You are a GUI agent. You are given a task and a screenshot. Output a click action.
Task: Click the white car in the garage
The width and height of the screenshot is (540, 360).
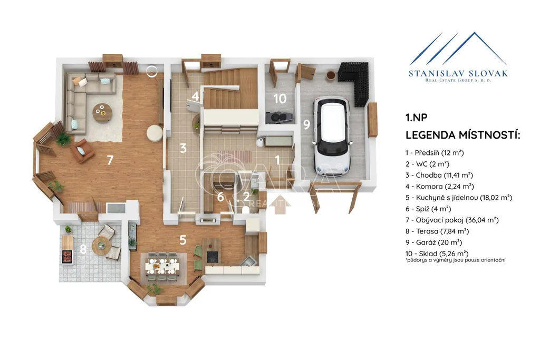click(332, 136)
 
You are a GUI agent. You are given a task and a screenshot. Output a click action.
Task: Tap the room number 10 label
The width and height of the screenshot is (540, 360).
click(280, 99)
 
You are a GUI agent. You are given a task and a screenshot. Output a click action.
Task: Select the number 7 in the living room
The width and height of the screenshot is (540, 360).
click(110, 160)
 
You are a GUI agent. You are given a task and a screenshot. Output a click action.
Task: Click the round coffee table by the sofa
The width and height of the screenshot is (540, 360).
click(102, 113)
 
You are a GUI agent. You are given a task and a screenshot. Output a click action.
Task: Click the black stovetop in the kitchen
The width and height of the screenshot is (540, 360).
click(213, 257)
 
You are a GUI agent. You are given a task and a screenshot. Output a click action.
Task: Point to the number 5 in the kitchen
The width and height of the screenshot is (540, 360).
click(183, 239)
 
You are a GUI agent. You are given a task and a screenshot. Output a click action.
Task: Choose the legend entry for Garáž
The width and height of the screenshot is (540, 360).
click(433, 242)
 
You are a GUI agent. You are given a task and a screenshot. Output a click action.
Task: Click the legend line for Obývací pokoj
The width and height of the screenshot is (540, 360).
click(452, 220)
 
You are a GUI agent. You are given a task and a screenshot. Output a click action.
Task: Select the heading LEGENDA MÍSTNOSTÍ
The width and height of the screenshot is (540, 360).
click(462, 135)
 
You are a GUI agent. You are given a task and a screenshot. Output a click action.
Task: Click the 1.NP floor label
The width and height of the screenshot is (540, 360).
click(417, 118)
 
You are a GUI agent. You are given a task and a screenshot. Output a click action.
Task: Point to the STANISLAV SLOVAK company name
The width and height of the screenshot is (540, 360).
click(458, 73)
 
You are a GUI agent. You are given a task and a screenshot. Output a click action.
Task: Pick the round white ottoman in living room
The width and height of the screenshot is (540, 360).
click(155, 133)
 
